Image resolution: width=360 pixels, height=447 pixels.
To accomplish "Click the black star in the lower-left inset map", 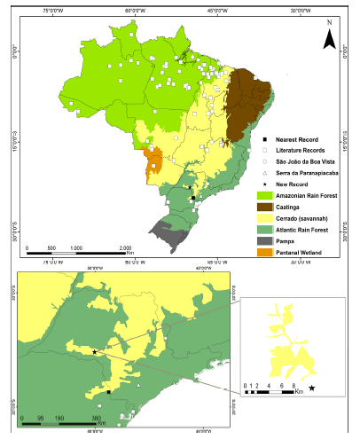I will (95, 351).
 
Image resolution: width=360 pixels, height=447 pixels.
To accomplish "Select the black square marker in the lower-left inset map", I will (108, 391).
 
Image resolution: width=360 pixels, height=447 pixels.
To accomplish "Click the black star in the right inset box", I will (311, 388).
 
